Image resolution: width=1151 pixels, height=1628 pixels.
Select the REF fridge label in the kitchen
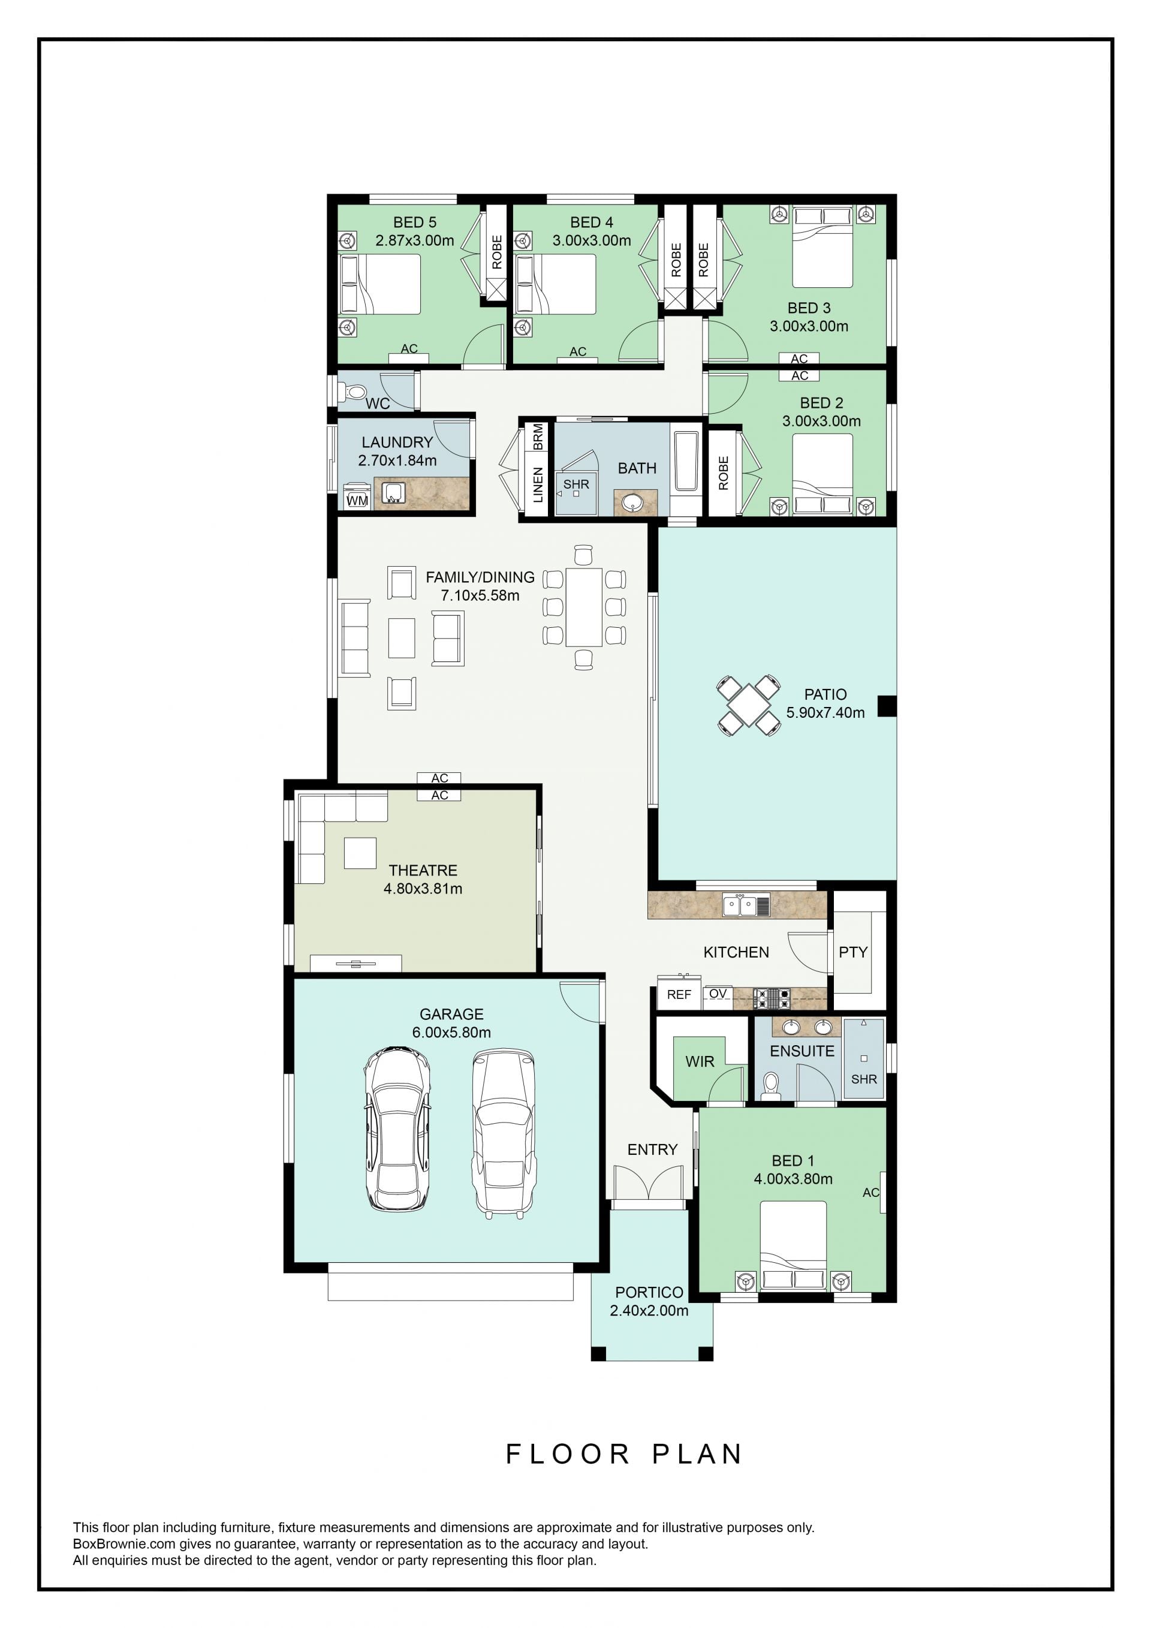(x=678, y=994)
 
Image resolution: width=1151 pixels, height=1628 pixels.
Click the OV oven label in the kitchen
(x=718, y=994)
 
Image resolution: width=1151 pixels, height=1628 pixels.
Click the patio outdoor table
(x=748, y=706)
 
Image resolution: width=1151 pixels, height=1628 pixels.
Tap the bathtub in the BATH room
(x=685, y=461)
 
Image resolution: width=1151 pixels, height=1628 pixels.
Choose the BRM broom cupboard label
(x=538, y=436)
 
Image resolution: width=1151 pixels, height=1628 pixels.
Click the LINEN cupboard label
(x=538, y=485)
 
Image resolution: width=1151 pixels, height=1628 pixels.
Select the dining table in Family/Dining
(x=584, y=607)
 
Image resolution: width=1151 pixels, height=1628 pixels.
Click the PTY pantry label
(x=852, y=952)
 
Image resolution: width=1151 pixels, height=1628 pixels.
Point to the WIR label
(x=700, y=1061)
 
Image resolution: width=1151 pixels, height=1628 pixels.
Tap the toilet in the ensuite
(x=770, y=1085)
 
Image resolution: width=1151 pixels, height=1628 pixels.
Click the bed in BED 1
(x=793, y=1245)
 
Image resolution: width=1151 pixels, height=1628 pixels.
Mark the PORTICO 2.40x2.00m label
(x=649, y=1302)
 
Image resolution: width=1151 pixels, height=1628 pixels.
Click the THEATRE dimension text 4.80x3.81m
(x=423, y=889)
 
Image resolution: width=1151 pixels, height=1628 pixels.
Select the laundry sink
(x=393, y=493)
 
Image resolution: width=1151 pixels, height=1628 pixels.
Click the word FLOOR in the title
(x=568, y=1454)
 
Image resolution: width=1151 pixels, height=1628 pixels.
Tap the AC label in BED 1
(x=870, y=1193)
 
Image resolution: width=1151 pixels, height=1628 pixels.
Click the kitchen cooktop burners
(x=771, y=998)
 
